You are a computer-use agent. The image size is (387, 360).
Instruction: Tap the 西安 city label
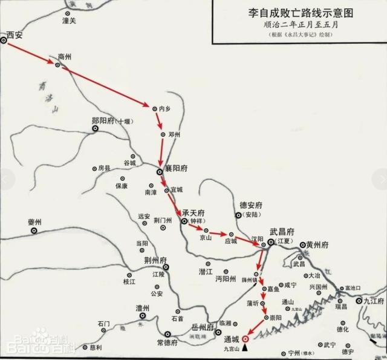coord(16,36)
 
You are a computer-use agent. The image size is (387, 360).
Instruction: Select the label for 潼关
coord(70,21)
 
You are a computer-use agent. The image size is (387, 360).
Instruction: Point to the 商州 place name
coord(65,56)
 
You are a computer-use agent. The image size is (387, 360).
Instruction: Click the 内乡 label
coord(166,108)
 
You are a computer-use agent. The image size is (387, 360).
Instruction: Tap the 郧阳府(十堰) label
coord(111,121)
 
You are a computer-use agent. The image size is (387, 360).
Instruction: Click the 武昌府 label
coord(282,232)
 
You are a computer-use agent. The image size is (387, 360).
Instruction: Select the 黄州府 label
coord(317,244)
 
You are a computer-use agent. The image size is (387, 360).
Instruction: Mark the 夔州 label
coord(35,223)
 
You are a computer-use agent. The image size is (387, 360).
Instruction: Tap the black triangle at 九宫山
coord(245,349)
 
